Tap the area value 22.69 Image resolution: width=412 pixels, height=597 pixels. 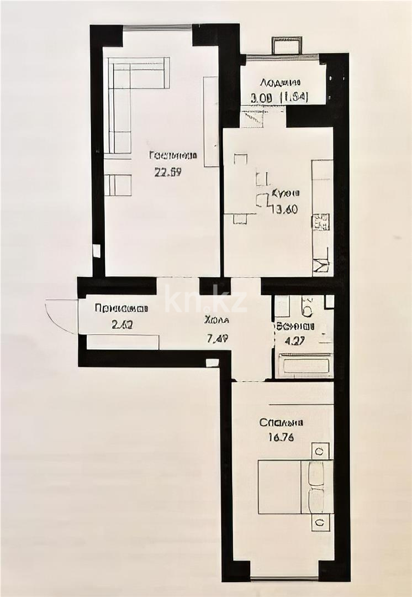(x=168, y=171)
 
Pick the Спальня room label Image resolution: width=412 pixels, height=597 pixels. (x=282, y=423)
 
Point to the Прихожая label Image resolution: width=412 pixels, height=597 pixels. (x=122, y=308)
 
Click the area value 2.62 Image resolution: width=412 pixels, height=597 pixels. (x=122, y=325)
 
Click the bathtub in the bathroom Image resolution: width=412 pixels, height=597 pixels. (x=304, y=366)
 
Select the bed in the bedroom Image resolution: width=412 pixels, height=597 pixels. (x=295, y=487)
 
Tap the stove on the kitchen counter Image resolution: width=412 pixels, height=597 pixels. (x=321, y=222)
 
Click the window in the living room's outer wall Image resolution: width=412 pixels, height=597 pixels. (x=157, y=27)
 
